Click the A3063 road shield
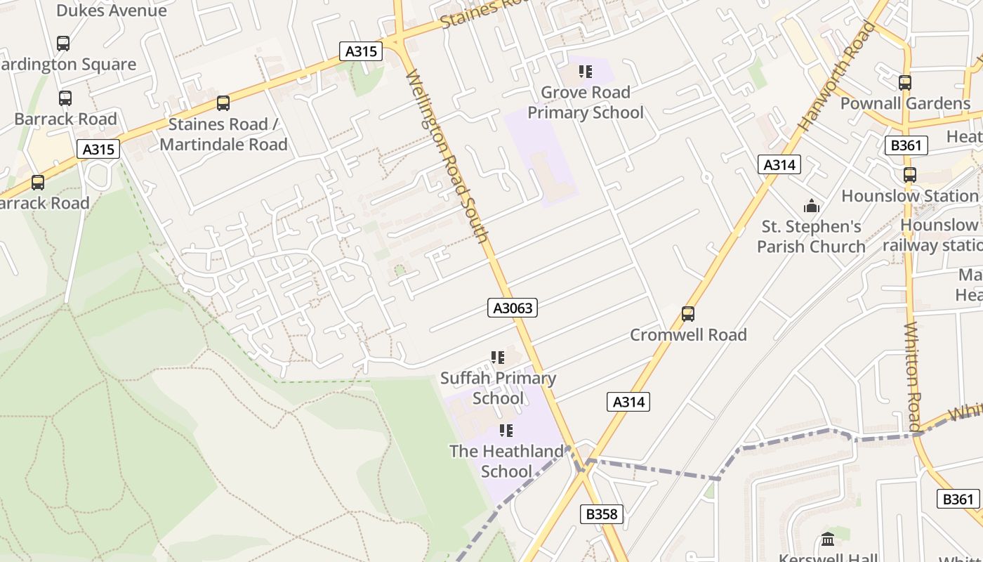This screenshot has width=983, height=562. pos(512,308)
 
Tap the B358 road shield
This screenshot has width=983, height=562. pos(602,514)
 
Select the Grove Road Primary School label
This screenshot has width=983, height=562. pos(585,103)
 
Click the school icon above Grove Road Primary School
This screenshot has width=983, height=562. pos(586,71)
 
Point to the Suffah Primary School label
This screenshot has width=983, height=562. pos(498,388)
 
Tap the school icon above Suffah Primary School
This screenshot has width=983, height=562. pos(498,358)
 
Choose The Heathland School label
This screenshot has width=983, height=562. pos(506,461)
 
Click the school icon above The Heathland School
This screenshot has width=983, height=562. pos(506,430)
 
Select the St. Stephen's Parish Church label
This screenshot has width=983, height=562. pos(811,237)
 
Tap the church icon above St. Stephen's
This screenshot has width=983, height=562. pos(812,206)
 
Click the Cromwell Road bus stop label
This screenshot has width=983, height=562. pos(688,335)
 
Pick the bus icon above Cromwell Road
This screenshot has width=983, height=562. pos(688,313)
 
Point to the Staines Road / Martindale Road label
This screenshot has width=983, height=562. pos(223,134)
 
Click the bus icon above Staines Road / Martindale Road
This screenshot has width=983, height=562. pos(223,103)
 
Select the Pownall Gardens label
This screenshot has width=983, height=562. pos(905,104)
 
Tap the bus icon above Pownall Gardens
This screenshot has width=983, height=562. pos(905,82)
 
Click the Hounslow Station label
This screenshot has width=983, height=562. pos(910,196)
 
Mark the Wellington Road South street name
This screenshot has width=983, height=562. pos(447,156)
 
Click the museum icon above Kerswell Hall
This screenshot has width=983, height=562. pos(828,540)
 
